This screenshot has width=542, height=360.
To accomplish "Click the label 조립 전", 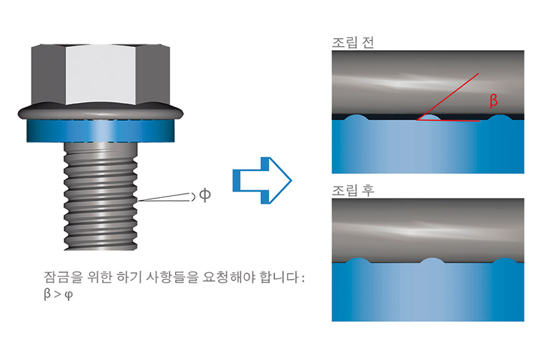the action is coord(353,43).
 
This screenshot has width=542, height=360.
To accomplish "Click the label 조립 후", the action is coord(353,190).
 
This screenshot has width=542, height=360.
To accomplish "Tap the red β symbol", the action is coord(494,101).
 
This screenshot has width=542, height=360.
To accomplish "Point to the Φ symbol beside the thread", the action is coord(205,195).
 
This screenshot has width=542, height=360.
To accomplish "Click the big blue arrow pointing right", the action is coord(262,180).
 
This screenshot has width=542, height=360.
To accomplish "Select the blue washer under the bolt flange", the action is coord(101,131).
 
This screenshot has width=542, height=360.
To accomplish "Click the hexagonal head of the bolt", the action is coord(101,75).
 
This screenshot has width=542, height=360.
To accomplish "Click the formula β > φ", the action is coord(58,294).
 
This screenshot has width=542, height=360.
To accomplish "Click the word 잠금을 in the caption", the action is coord(64,277).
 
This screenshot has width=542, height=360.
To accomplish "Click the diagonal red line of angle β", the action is coord(447,96).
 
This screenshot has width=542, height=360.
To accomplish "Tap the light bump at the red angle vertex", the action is coord(430,118).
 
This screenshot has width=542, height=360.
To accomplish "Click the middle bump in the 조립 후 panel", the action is coord(432,261).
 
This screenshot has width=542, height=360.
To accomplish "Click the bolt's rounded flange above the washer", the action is coord(101,111).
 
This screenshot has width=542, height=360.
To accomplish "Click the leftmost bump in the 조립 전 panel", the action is coord(356,117).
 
